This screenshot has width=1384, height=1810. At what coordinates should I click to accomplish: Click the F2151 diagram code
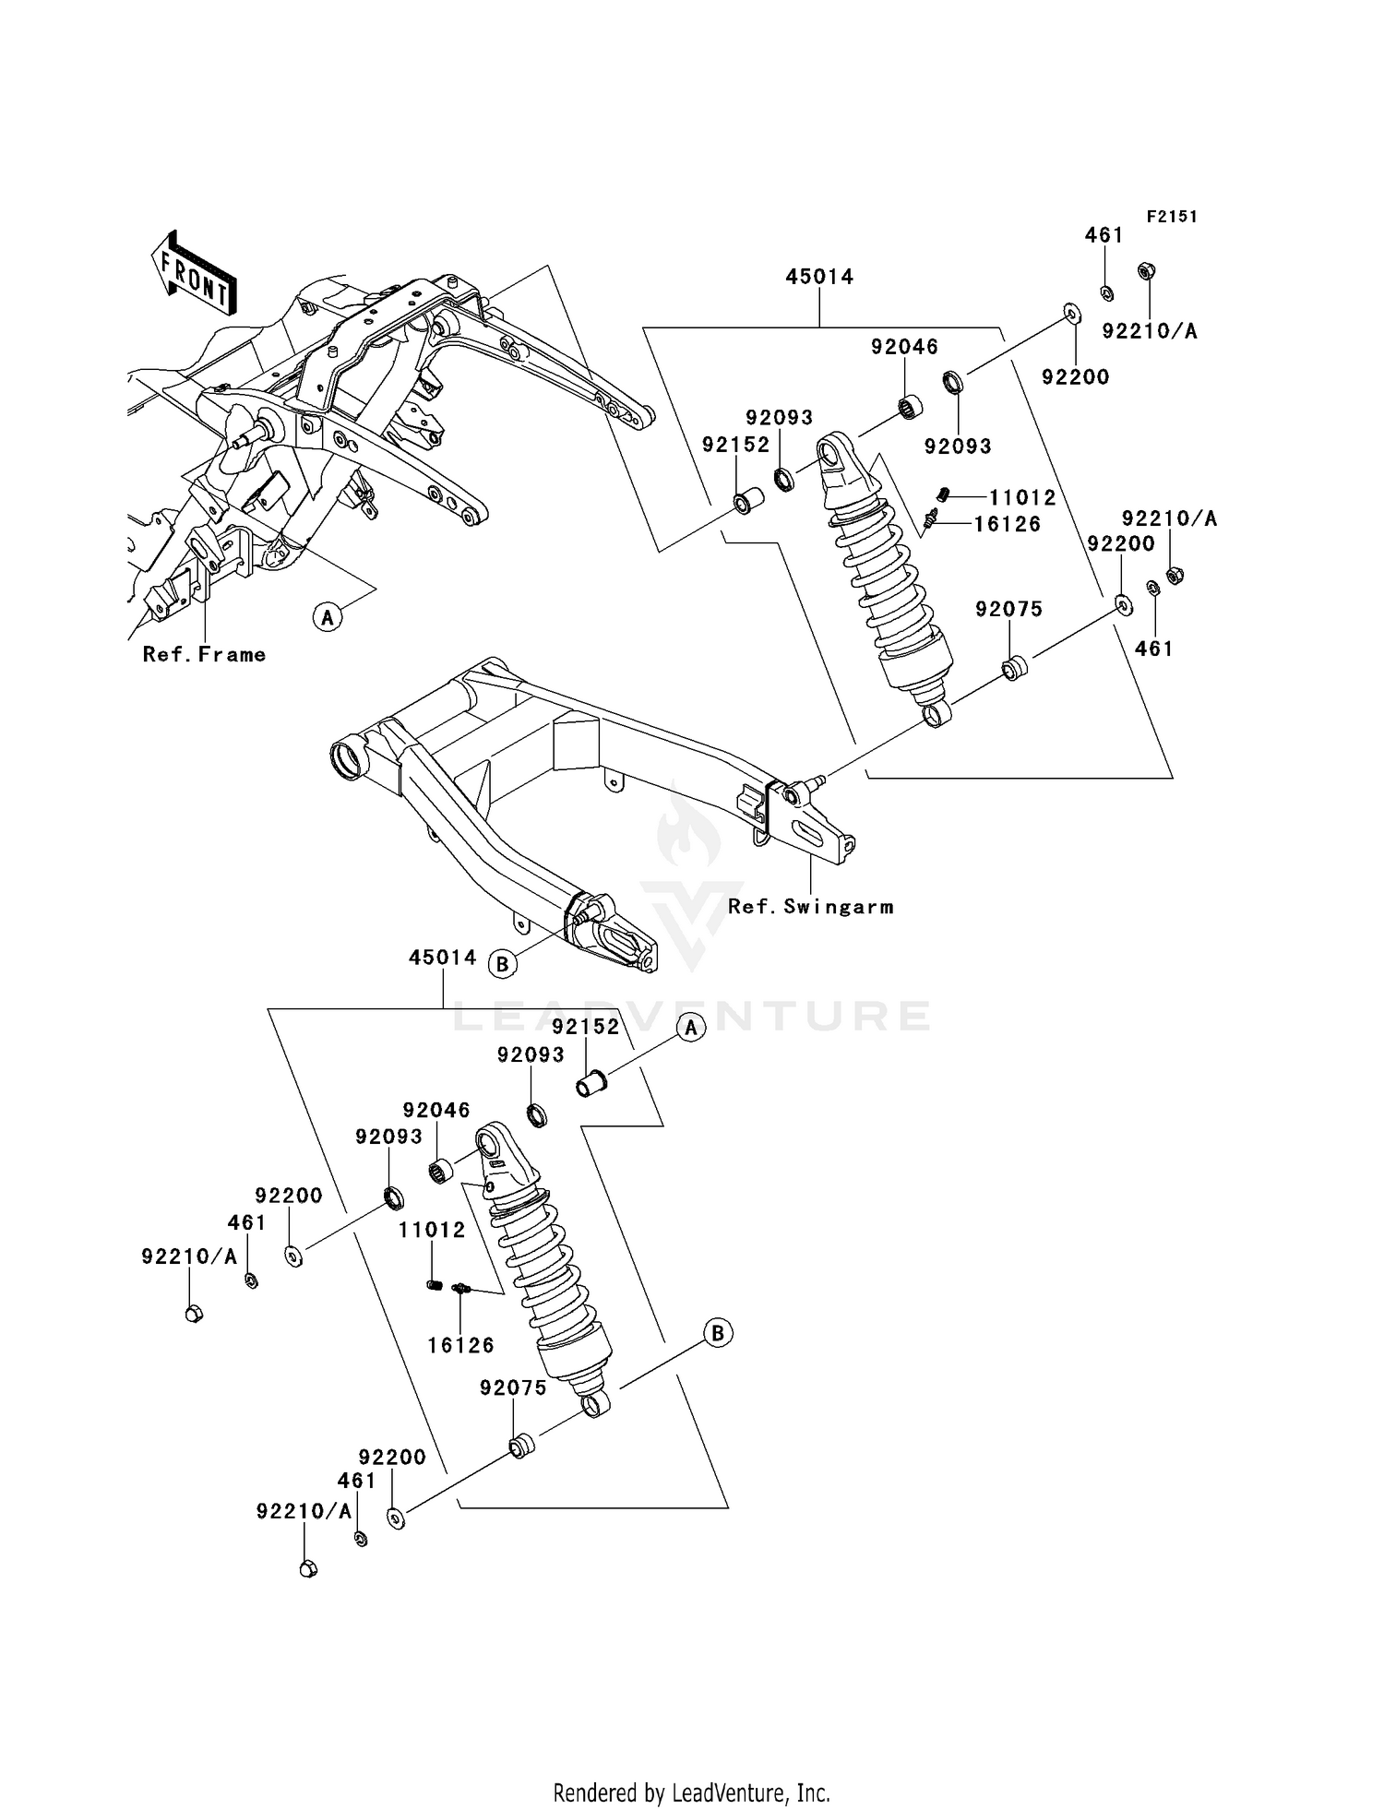[x=1171, y=217]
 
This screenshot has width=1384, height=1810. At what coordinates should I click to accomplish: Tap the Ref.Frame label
[x=204, y=655]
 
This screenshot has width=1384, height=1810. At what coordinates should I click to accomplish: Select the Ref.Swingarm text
[x=810, y=907]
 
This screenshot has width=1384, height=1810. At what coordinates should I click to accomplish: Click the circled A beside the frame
[x=327, y=616]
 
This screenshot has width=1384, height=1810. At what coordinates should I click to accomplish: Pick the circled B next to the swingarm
[x=502, y=965]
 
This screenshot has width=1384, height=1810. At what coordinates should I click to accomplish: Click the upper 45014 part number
[x=819, y=277]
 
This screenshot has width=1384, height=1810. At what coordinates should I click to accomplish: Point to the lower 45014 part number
[x=443, y=958]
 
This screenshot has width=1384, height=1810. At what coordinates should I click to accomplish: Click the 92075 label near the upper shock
[x=1008, y=609]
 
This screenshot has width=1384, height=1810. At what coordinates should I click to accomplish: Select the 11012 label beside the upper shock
[x=1022, y=498]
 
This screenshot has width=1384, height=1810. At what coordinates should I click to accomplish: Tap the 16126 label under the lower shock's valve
[x=460, y=1345]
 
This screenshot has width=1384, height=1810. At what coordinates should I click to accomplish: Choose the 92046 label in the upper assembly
[x=904, y=347]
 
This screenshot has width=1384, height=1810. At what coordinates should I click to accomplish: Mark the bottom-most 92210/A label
[x=304, y=1511]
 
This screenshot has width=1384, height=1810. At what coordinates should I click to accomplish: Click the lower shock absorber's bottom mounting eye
[x=596, y=1405]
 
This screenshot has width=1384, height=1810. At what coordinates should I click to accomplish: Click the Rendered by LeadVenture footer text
[x=691, y=1792]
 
